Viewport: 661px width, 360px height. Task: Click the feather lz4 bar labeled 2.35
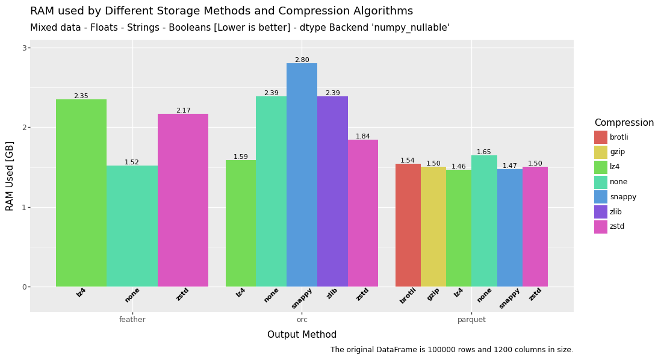[81, 193]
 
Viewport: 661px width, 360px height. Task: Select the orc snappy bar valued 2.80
[302, 175]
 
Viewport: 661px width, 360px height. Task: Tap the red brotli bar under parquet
[408, 225]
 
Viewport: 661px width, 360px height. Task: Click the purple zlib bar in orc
[332, 191]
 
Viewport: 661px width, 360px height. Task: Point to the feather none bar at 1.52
[132, 226]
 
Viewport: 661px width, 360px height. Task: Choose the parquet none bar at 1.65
[484, 221]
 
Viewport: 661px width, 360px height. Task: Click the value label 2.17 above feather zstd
[183, 111]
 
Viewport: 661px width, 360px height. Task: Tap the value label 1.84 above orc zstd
[362, 137]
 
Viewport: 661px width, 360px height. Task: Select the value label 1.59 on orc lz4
[241, 157]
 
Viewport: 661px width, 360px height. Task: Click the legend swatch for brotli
[601, 137]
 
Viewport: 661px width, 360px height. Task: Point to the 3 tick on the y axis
[25, 48]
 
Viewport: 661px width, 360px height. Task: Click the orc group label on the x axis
[302, 320]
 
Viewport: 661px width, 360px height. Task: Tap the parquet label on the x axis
[471, 320]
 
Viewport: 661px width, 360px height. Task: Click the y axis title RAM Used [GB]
[10, 176]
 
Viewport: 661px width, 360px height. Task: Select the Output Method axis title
[302, 335]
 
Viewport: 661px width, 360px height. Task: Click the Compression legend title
[624, 123]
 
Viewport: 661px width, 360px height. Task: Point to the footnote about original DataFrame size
[452, 350]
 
